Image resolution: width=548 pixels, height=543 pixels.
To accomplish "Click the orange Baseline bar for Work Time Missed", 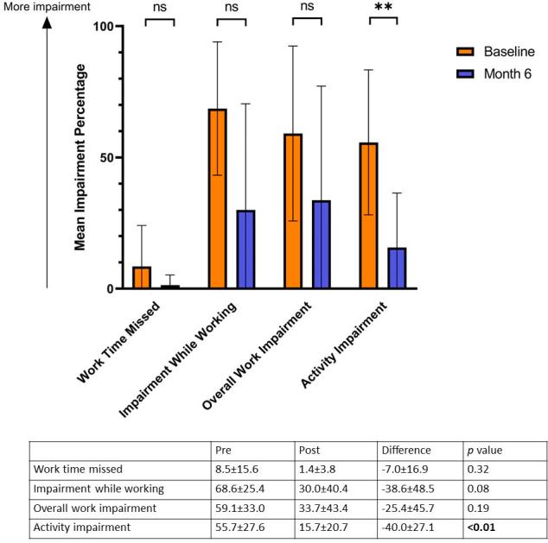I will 142,278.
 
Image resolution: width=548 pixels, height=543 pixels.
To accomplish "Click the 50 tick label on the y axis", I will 107,158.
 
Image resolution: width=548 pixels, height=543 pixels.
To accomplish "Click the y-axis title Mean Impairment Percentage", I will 80,158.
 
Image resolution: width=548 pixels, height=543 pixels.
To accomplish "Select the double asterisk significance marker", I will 383,9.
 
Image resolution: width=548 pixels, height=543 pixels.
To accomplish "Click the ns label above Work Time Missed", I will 159,8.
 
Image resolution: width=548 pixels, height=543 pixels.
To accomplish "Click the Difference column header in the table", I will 406,450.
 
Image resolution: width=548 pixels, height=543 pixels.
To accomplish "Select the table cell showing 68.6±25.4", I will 244,488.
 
